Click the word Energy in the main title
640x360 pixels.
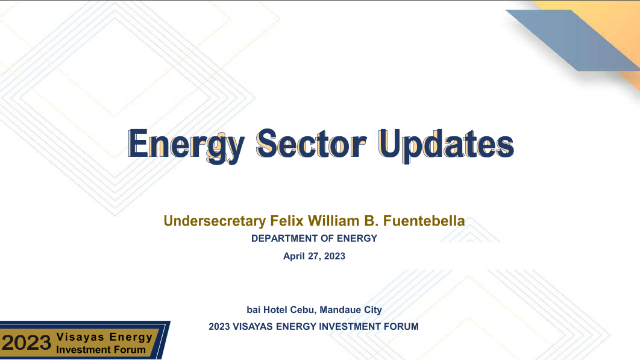pos(186,145)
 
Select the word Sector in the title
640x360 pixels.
pos(312,144)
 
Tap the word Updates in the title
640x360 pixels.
pos(446,145)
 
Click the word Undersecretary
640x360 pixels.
pos(215,221)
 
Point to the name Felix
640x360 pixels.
pos(287,221)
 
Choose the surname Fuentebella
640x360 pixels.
pos(424,221)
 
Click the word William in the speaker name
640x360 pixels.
pos(333,221)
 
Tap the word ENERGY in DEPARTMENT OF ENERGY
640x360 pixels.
pos(357,238)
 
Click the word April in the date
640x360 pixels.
pos(294,256)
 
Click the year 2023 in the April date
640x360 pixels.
pos(334,256)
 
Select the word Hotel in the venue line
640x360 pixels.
pos(275,310)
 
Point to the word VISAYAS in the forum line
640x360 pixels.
pos(253,326)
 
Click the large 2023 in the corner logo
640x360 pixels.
pos(27,343)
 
